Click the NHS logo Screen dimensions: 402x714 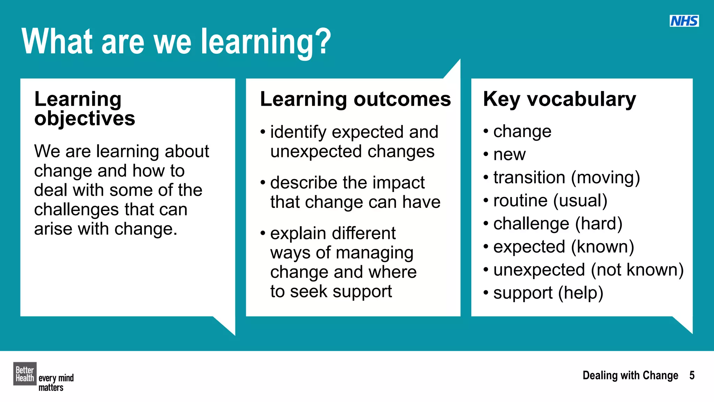(x=684, y=21)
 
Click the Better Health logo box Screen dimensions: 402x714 (x=25, y=374)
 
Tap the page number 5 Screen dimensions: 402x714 (x=692, y=375)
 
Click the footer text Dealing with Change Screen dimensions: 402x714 (x=630, y=375)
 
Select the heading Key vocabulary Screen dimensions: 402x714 (x=559, y=99)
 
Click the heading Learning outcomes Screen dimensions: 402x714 (x=355, y=99)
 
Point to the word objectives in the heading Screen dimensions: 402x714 (x=84, y=119)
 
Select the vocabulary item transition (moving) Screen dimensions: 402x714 (x=567, y=178)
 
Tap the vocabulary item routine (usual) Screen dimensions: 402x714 (x=550, y=201)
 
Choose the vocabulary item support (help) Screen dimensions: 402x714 (x=548, y=293)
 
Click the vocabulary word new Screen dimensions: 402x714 (x=509, y=155)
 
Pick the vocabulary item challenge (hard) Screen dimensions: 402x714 (x=558, y=224)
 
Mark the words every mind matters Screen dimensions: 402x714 (x=56, y=382)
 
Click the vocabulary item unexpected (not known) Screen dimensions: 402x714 (x=588, y=270)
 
